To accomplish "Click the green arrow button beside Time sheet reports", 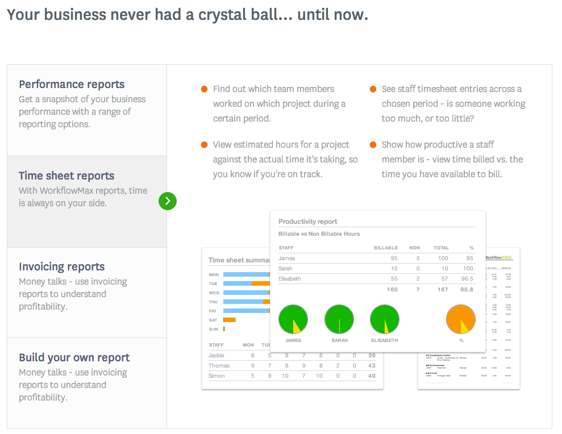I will point(168,201).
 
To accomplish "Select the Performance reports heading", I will point(72,84).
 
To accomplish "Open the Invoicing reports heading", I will point(61,266).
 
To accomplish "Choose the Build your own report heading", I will point(74,357).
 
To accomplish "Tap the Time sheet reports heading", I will point(66,176).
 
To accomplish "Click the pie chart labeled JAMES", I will point(293,319).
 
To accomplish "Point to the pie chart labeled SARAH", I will point(339,319).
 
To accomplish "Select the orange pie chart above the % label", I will point(460,319).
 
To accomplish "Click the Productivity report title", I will point(307,222).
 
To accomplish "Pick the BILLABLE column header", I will point(386,248).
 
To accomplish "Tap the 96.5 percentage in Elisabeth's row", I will point(467,279).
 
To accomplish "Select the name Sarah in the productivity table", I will point(286,269).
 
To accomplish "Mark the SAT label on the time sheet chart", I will point(213,320).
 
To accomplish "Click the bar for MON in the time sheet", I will point(246,274).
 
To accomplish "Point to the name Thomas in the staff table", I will point(219,366).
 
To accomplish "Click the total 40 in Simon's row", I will point(372,376).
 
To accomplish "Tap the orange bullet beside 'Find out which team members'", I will point(204,89).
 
